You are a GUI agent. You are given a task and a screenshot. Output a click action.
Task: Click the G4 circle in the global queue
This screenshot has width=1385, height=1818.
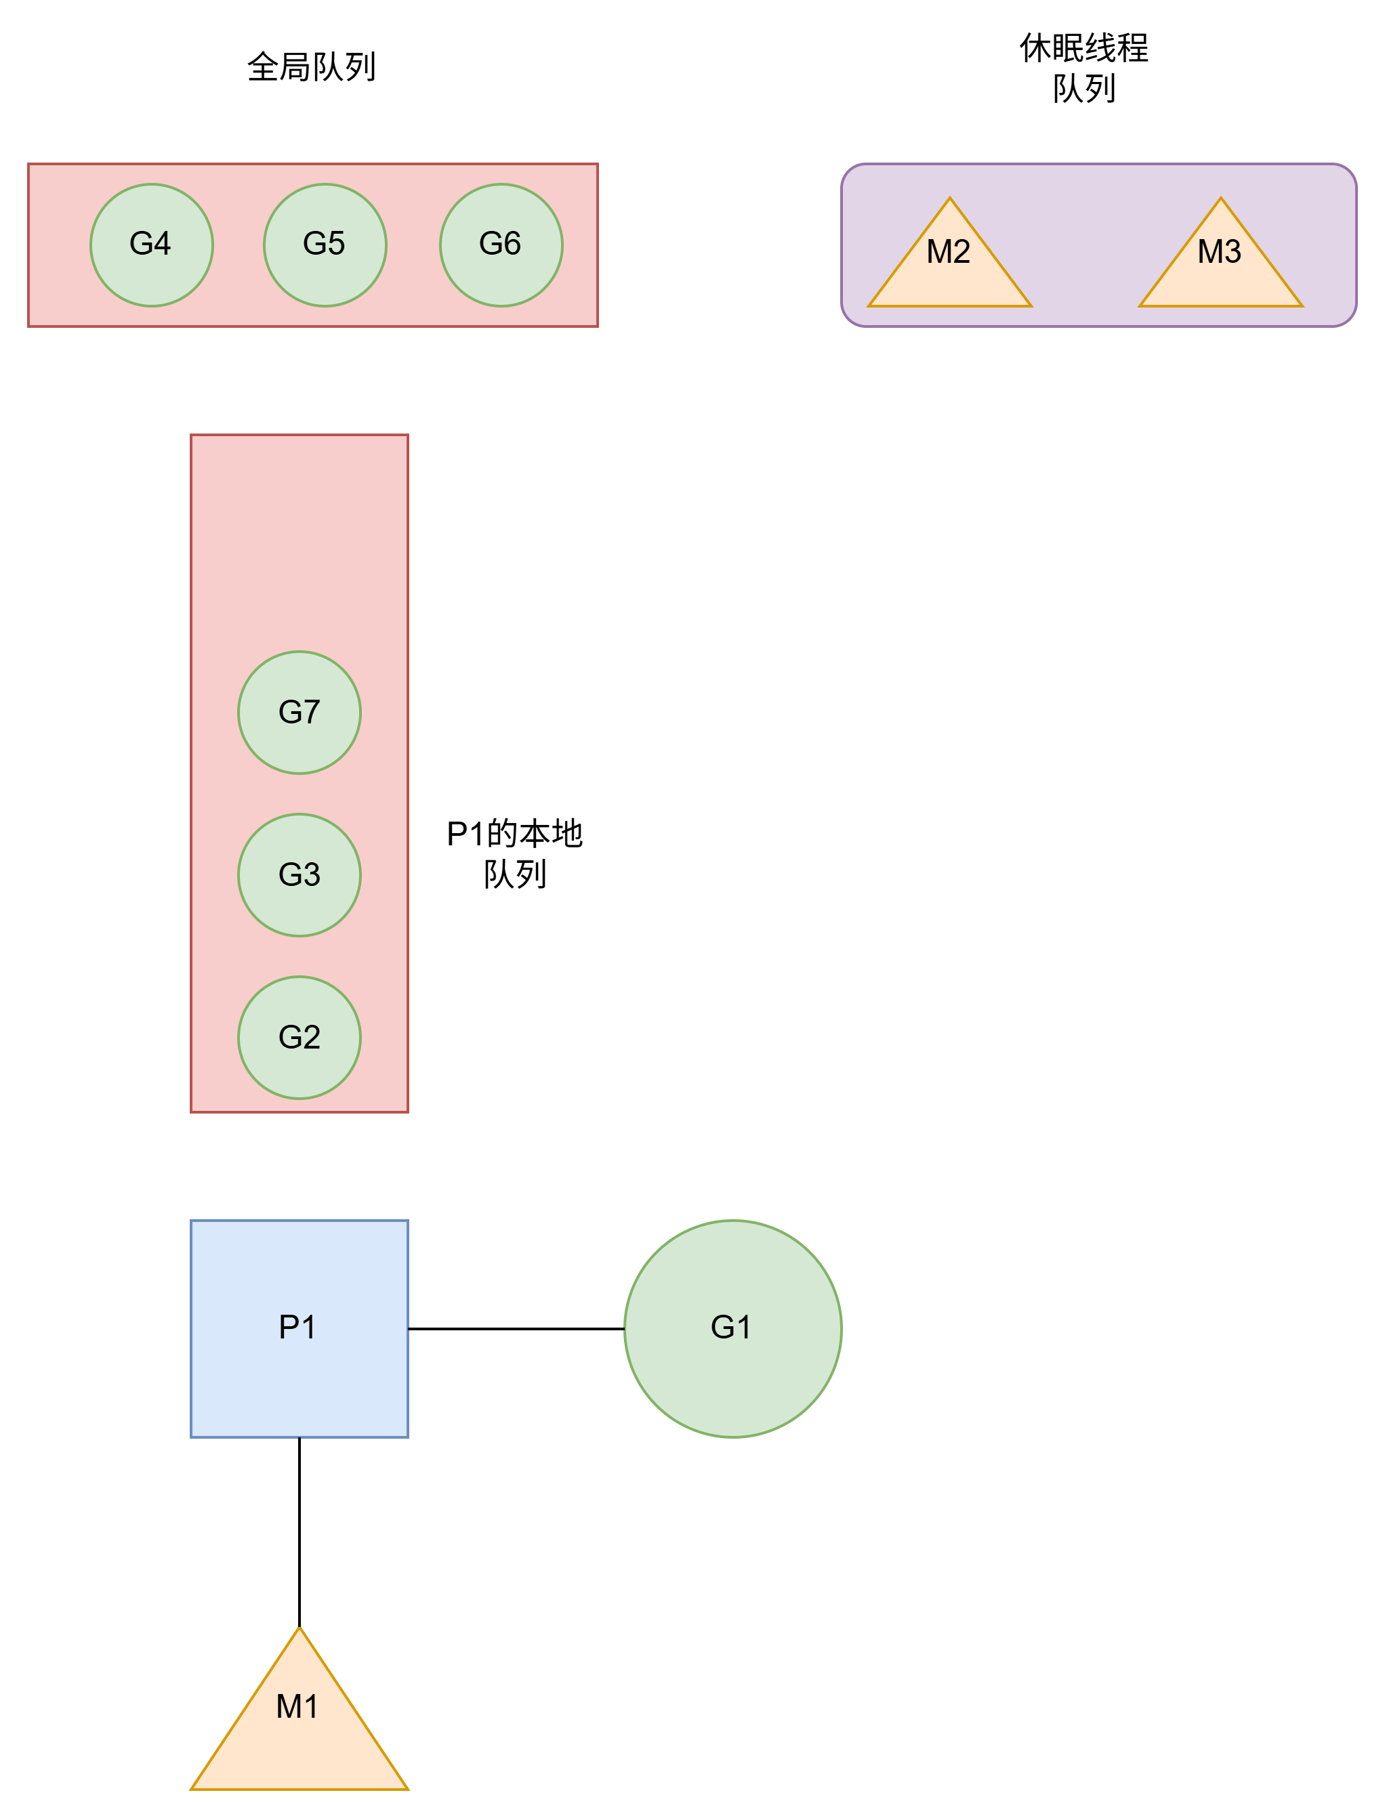(x=152, y=245)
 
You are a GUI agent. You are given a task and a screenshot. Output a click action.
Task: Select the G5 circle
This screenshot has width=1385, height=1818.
(x=325, y=245)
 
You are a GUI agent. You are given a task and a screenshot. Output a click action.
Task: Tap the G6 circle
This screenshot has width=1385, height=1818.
(x=501, y=245)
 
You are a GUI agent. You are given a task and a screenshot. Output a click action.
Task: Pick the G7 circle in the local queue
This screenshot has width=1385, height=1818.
(x=299, y=712)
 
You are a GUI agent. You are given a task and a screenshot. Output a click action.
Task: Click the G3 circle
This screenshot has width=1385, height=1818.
(x=299, y=874)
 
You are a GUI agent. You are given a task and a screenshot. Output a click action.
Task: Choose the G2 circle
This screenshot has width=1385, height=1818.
(x=299, y=1037)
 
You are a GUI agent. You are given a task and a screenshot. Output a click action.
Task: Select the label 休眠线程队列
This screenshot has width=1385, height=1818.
(x=1084, y=68)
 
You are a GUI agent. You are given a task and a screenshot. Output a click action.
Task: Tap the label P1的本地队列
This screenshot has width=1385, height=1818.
(x=514, y=853)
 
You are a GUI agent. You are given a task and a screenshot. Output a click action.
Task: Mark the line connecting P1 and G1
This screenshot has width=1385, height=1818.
(x=516, y=1328)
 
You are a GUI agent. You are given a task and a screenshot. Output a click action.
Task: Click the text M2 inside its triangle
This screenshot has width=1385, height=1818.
(x=948, y=251)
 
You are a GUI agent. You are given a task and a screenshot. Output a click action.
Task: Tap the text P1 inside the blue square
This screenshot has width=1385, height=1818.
(x=297, y=1327)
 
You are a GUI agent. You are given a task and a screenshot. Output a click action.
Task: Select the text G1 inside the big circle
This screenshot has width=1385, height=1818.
(x=730, y=1327)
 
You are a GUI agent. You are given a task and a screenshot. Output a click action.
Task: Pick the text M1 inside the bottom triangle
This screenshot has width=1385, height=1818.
(x=297, y=1706)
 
